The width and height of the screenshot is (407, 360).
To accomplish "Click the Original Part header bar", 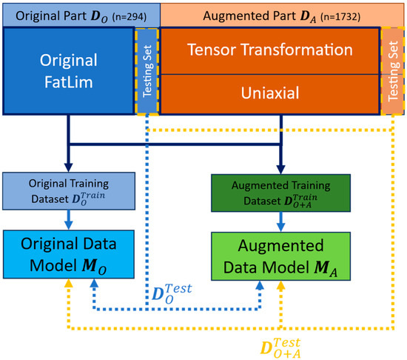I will pyautogui.click(x=79, y=13).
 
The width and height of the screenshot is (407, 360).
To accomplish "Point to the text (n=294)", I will pyautogui.click(x=135, y=15).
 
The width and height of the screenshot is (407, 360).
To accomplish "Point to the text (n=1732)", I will pyautogui.click(x=337, y=15).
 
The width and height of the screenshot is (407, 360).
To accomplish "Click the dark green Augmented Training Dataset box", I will pyautogui.click(x=280, y=188).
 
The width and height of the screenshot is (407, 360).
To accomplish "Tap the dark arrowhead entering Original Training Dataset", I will pyautogui.click(x=68, y=166).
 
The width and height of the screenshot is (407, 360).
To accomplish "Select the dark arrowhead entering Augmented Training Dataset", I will pyautogui.click(x=280, y=166).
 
